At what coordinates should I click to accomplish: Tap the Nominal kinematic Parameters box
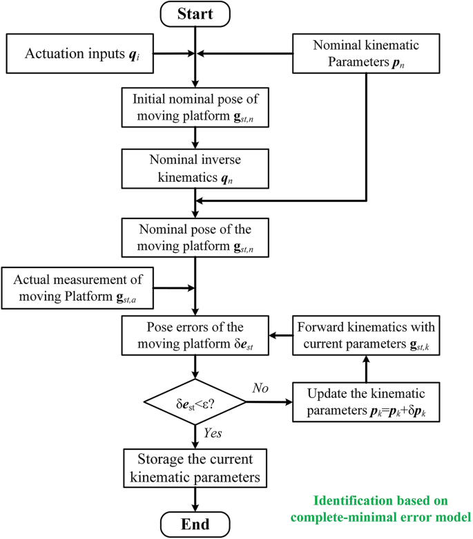[x=367, y=53]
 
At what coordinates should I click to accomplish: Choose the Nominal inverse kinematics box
[x=197, y=168]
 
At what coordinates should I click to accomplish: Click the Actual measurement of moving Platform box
[x=78, y=288]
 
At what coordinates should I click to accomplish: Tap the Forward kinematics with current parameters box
[x=366, y=335]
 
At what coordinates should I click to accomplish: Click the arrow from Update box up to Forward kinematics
[x=366, y=367]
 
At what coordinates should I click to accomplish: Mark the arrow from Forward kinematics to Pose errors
[x=280, y=335]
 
